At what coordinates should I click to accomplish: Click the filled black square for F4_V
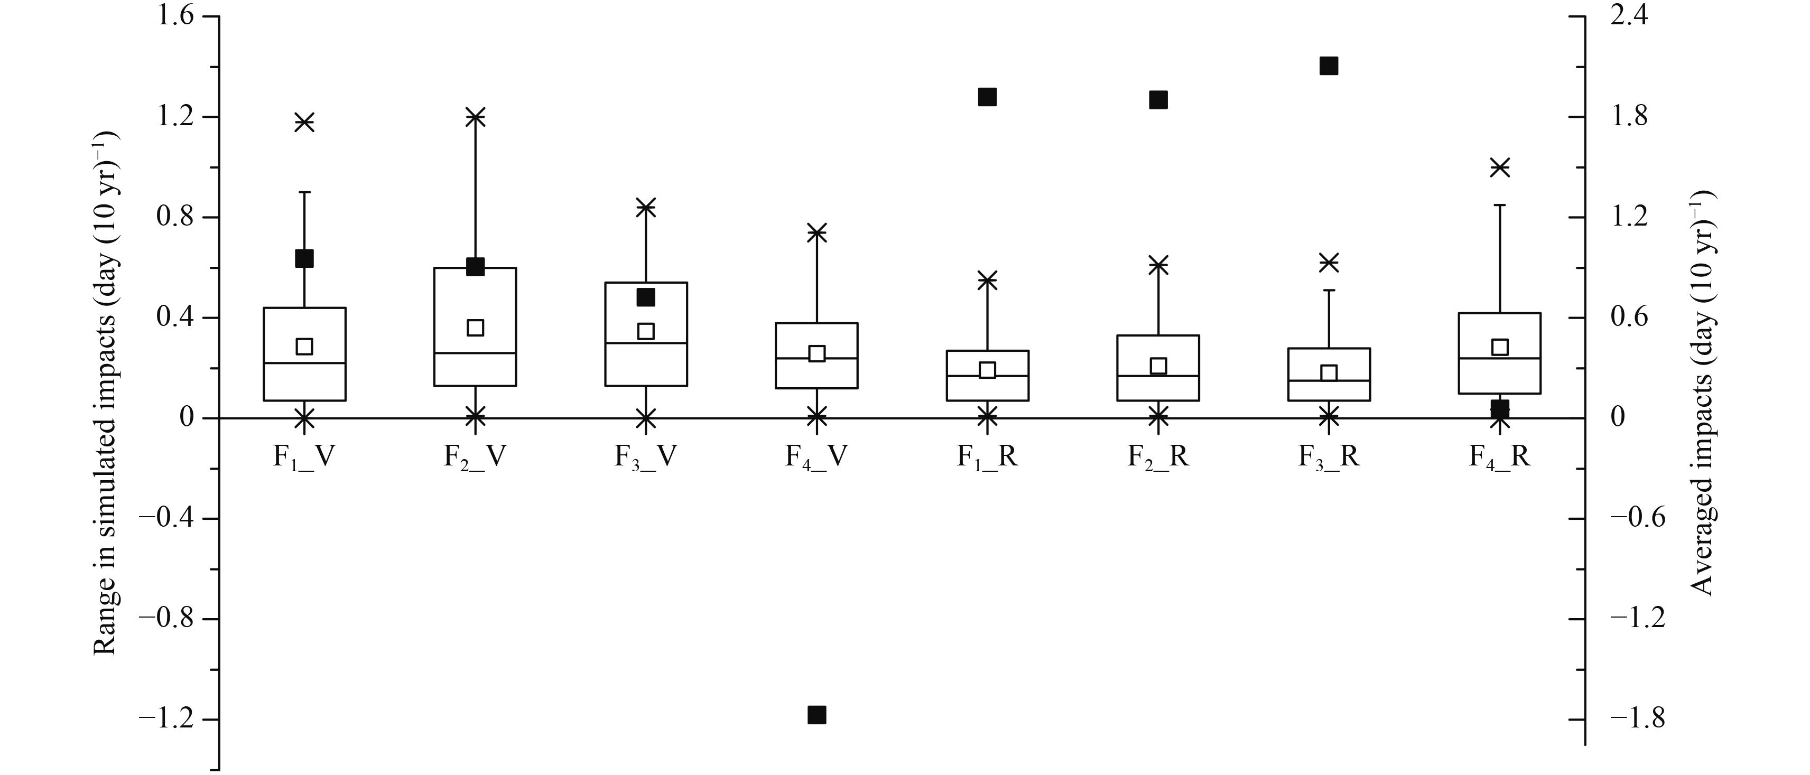point(816,715)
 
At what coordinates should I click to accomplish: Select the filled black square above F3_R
point(1329,66)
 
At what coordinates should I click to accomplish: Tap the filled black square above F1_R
point(987,97)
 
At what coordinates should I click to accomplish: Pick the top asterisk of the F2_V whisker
point(476,117)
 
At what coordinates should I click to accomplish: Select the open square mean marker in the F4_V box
point(816,353)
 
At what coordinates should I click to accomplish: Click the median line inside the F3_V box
point(646,343)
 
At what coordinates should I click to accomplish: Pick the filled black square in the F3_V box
point(646,297)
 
